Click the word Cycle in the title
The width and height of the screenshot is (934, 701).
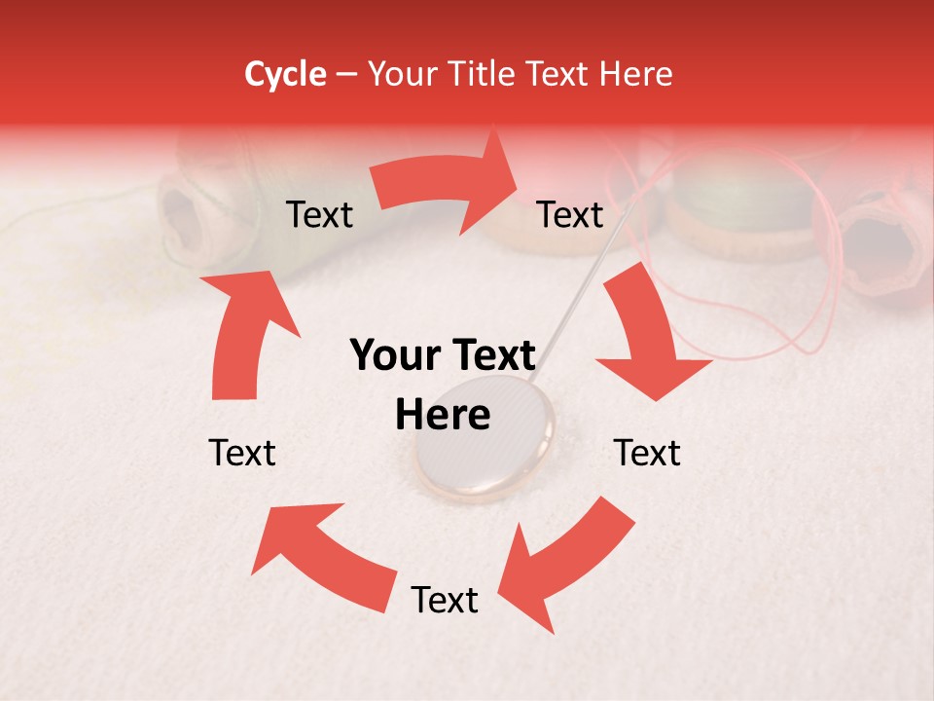pyautogui.click(x=285, y=74)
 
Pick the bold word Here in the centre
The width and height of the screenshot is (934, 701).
pyautogui.click(x=443, y=416)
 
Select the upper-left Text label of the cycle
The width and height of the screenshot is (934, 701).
pyautogui.click(x=319, y=215)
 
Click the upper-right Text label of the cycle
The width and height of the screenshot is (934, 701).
pyautogui.click(x=570, y=215)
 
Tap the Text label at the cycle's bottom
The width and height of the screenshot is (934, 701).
pyautogui.click(x=445, y=601)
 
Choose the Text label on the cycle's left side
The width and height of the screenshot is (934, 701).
pyautogui.click(x=242, y=453)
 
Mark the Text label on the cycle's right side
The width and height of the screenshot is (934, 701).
pyautogui.click(x=647, y=453)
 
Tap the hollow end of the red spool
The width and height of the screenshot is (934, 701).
pyautogui.click(x=880, y=248)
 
